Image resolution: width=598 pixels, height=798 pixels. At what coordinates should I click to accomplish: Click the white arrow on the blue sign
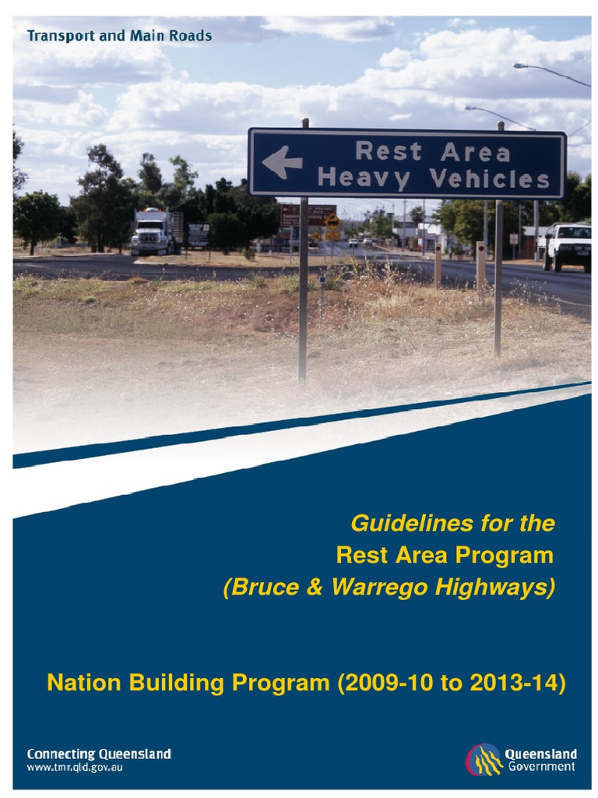pyautogui.click(x=282, y=163)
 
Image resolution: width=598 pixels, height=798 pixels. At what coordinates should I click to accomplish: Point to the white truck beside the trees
pyautogui.click(x=152, y=231)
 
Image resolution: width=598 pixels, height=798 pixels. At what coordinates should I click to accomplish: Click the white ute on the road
pyautogui.click(x=568, y=245)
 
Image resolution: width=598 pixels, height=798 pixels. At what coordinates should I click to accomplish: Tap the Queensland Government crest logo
pyautogui.click(x=484, y=759)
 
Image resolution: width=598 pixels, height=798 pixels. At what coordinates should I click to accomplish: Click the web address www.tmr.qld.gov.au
pyautogui.click(x=75, y=767)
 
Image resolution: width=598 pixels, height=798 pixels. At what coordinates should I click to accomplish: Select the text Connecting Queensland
pyautogui.click(x=99, y=754)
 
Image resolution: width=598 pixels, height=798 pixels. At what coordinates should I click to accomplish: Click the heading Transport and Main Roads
pyautogui.click(x=118, y=36)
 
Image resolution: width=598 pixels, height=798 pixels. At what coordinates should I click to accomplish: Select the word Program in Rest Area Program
pyautogui.click(x=504, y=556)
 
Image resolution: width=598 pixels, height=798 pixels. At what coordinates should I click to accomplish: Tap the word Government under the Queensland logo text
pyautogui.click(x=542, y=767)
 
